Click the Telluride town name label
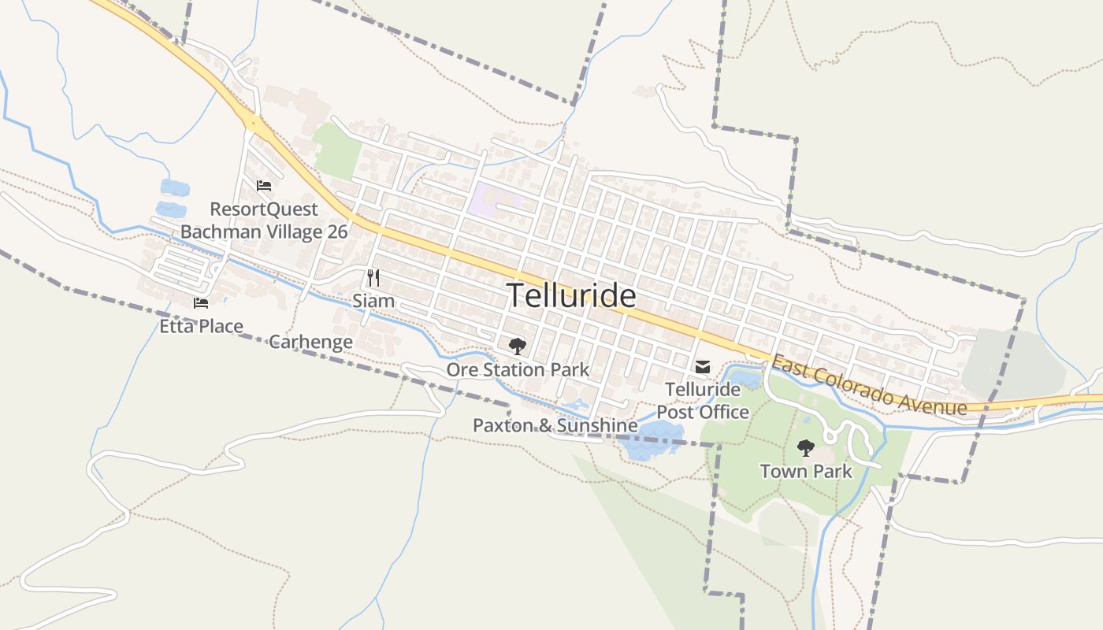coord(571,295)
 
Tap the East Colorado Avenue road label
coord(868,384)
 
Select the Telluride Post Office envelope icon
coord(702,367)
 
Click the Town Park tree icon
coord(805,448)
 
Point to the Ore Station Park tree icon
coord(517,346)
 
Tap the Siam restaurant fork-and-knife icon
coord(373,278)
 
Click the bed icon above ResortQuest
coord(264,186)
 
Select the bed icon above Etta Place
coord(201,302)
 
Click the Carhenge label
coord(310,342)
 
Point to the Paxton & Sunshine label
coord(555,425)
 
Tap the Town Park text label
coord(806,471)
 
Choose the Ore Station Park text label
coord(518,369)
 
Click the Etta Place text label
coord(201,325)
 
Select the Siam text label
coord(373,301)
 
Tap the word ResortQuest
coord(264,209)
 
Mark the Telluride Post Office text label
coord(703,401)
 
